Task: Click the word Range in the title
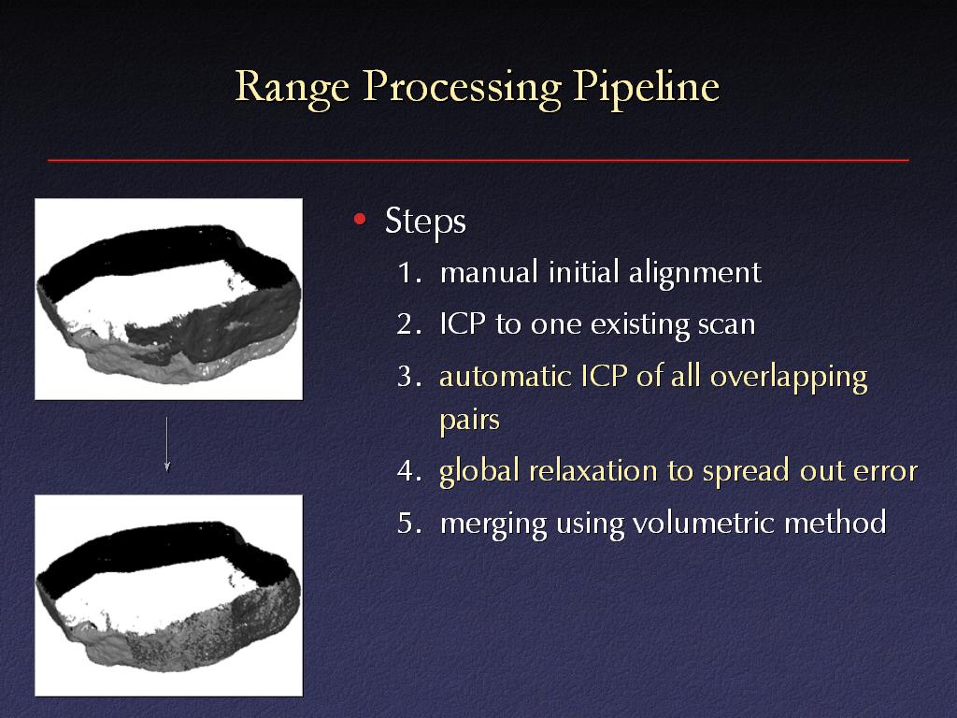[292, 88]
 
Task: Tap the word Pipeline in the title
[646, 88]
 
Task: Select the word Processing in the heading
[462, 88]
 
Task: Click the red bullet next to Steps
[360, 219]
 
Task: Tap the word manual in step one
[489, 272]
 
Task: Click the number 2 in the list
[405, 324]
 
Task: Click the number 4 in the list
[406, 471]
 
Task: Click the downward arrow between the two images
[166, 444]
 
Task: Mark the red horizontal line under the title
[478, 160]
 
